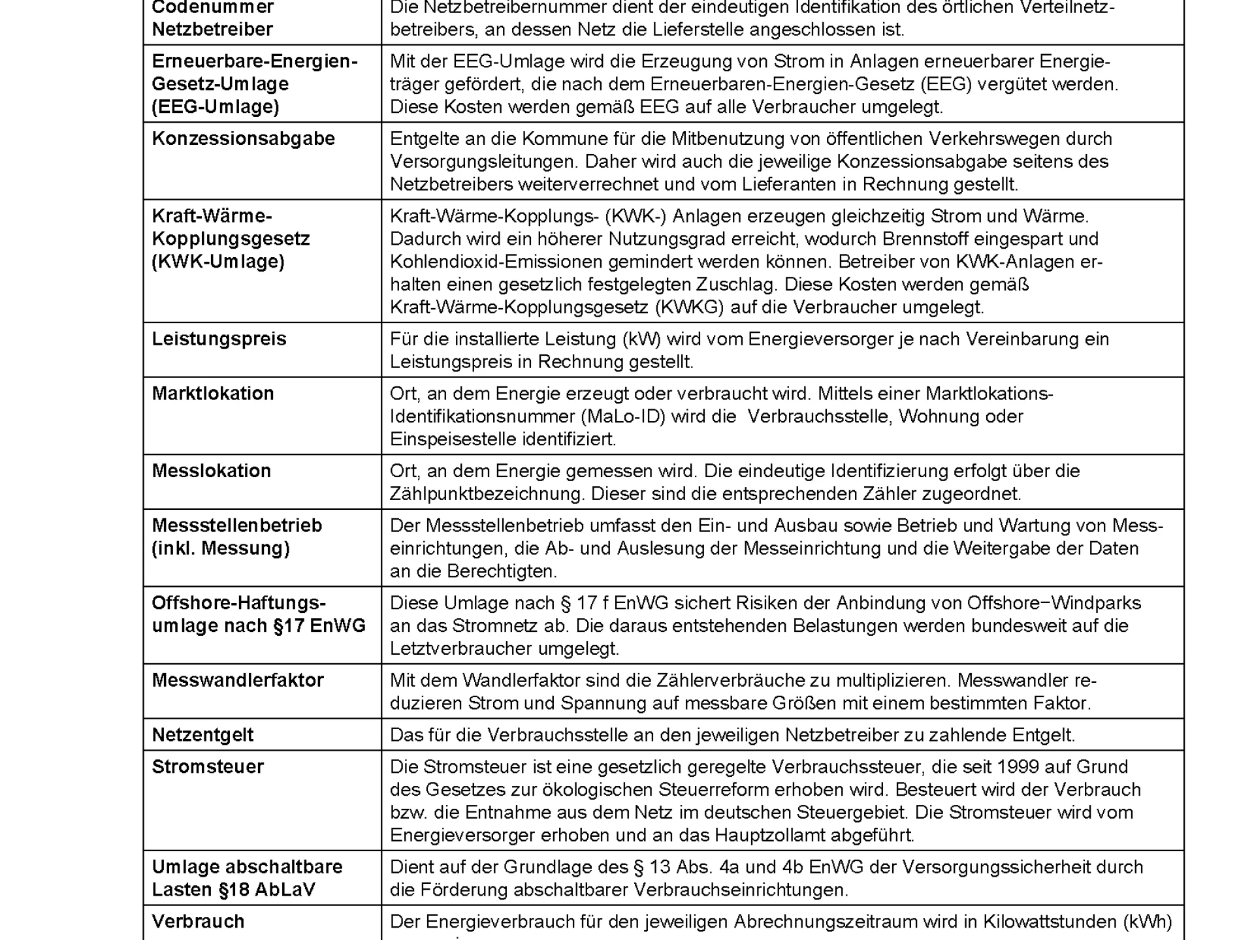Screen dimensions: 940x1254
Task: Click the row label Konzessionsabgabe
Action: point(243,139)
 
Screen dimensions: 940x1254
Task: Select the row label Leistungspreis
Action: point(219,339)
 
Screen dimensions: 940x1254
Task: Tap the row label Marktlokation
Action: point(213,394)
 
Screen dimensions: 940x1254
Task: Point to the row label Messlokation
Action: point(211,471)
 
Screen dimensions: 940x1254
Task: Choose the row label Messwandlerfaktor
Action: point(238,681)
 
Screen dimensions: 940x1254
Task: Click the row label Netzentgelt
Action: point(202,735)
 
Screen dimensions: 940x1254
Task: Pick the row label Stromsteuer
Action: point(208,767)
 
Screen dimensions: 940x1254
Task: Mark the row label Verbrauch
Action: point(198,922)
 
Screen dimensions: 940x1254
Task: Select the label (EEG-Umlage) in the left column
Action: point(215,107)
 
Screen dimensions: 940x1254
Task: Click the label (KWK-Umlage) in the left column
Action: point(217,262)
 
